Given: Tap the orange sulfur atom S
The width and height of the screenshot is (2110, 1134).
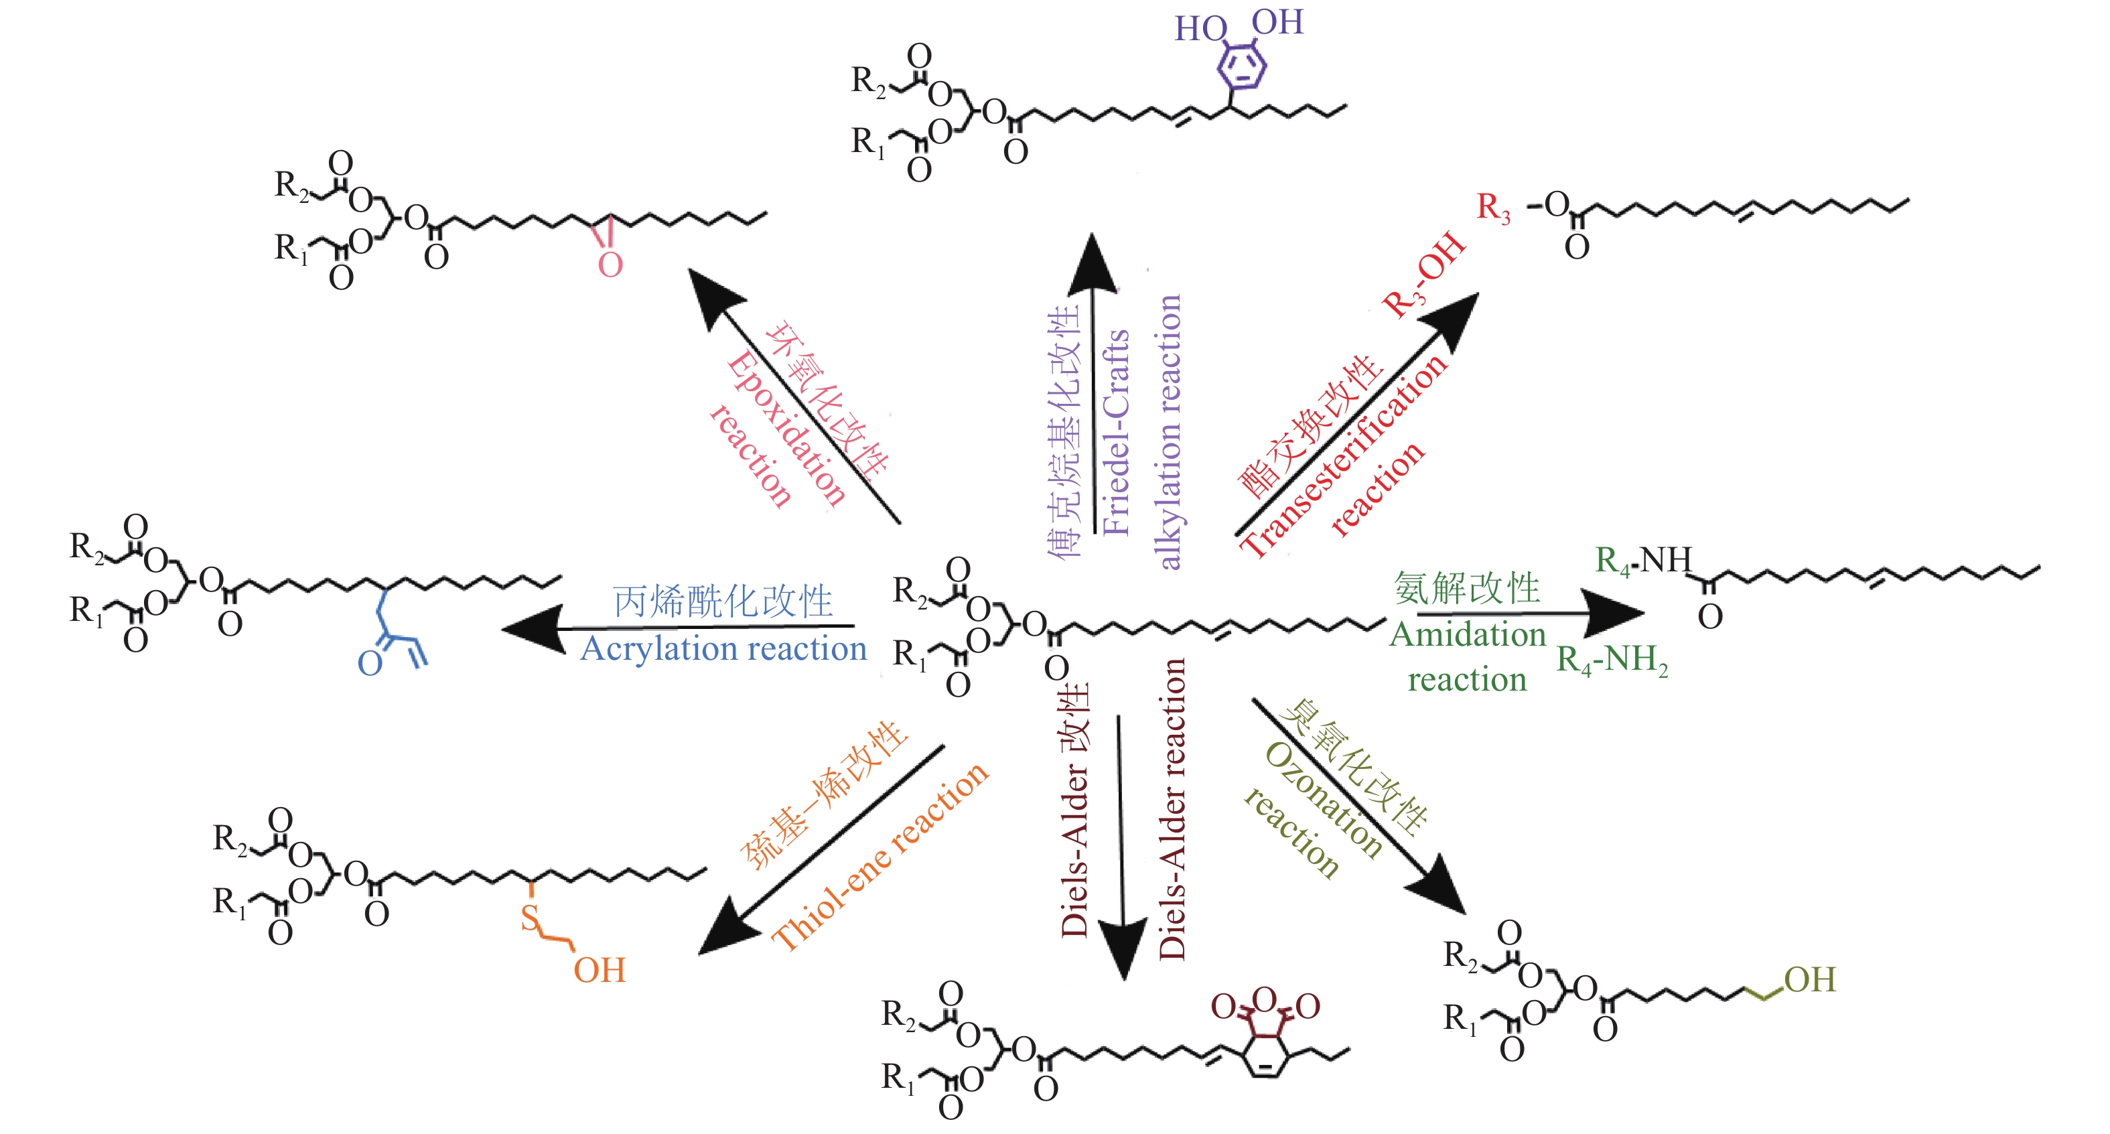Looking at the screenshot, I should point(531,918).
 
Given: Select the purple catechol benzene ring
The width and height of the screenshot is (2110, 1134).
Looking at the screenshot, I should point(1242,66).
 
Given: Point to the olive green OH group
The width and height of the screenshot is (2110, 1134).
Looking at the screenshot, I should point(1809,980).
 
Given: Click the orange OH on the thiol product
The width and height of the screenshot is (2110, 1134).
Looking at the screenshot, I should point(600,971).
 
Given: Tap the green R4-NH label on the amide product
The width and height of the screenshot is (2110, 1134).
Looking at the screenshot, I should point(1643,561).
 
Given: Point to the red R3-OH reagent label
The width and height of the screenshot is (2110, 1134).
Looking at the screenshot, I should point(1423,275).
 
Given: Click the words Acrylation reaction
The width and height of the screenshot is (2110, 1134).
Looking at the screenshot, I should point(723,649).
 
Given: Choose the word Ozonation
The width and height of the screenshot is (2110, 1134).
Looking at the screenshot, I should point(1324,800).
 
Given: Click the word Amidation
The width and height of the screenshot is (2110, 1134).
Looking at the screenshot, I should point(1467,635).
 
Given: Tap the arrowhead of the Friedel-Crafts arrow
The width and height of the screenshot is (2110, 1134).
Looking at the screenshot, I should point(1093,262).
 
